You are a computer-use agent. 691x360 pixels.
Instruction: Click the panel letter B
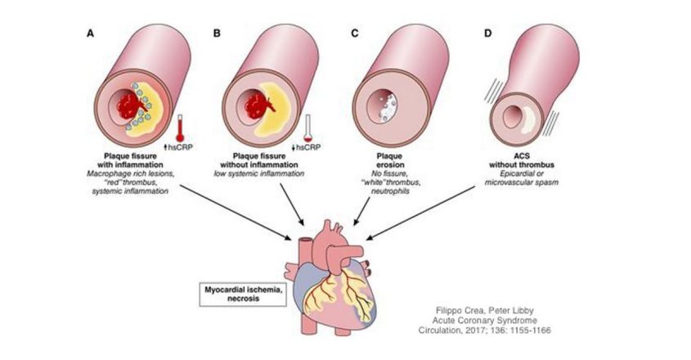[217, 34]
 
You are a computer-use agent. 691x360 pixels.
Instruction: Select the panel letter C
[353, 34]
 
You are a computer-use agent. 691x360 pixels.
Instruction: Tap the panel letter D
[488, 34]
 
